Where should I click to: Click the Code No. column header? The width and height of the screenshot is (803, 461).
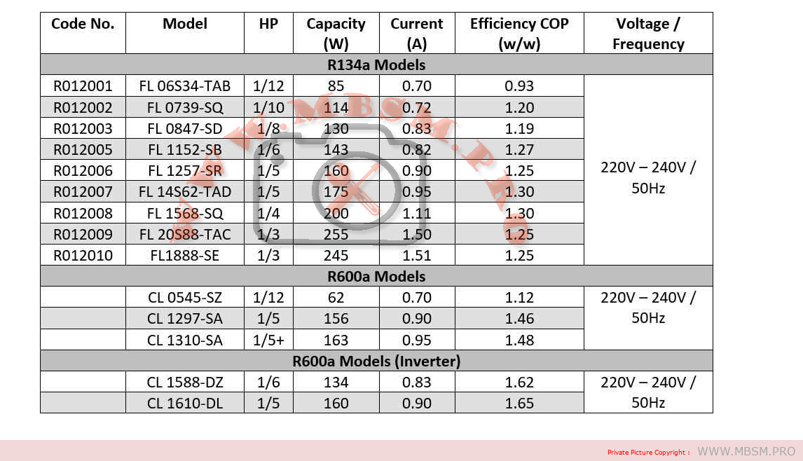83,24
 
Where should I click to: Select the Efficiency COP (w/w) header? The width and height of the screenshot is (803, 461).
519,34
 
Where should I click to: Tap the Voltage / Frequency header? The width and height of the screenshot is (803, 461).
648,34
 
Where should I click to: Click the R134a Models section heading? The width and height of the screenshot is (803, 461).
376,65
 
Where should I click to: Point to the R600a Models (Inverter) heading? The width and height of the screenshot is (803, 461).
376,362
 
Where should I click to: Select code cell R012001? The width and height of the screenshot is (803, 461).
83,86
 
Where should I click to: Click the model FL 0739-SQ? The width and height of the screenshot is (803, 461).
185,108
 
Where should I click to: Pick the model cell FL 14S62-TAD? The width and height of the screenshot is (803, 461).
185,192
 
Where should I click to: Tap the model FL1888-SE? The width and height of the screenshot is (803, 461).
185,256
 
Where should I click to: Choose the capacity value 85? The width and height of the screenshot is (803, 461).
336,86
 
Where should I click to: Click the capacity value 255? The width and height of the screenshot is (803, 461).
336,234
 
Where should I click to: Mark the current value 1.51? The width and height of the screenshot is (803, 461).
417,256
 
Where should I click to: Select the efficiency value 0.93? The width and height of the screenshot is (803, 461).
519,86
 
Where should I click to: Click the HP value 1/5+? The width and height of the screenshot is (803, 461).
268,340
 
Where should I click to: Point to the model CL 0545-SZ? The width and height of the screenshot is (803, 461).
185,298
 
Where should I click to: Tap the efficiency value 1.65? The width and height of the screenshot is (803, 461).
519,404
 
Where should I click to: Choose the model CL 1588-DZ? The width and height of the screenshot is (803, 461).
185,383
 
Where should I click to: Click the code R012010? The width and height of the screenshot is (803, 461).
83,256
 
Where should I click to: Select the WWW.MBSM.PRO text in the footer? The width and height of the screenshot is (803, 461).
746,452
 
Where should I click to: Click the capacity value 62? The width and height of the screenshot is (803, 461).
336,298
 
